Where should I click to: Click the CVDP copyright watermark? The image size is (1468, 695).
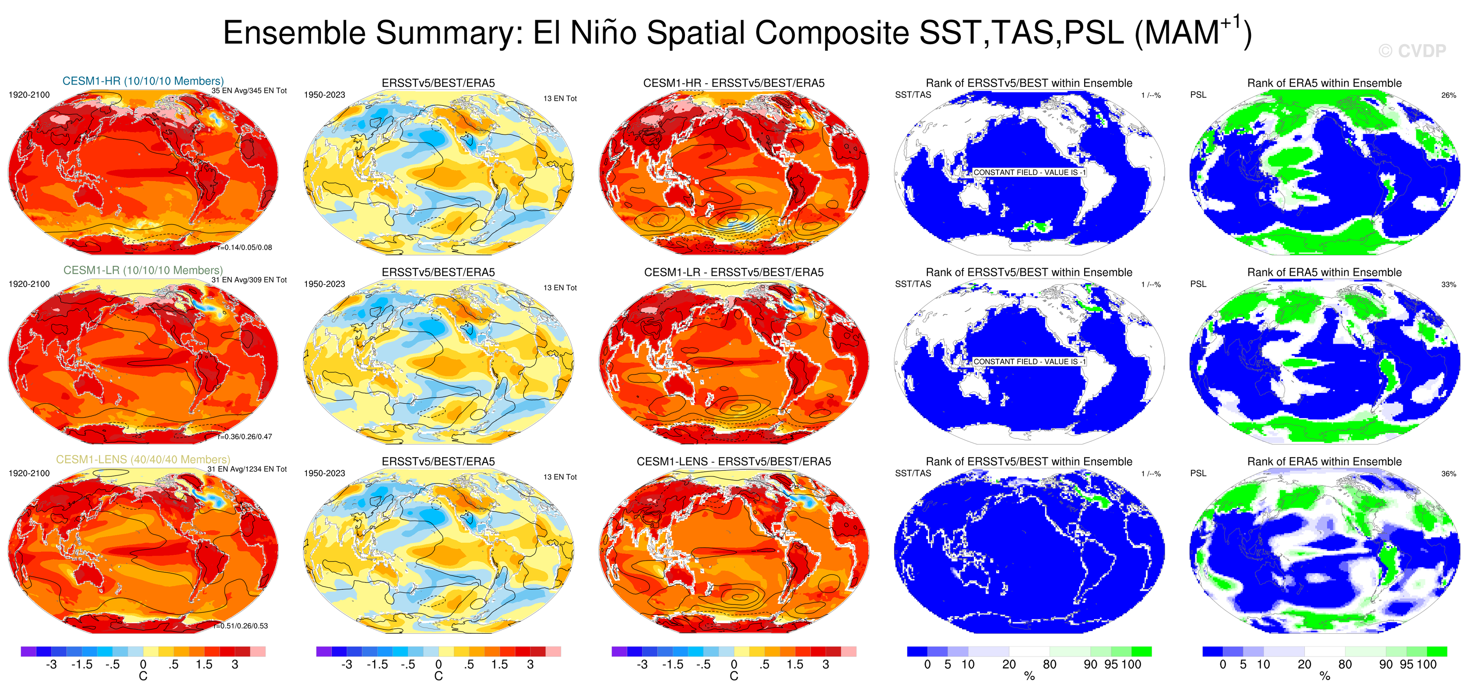pyautogui.click(x=1412, y=51)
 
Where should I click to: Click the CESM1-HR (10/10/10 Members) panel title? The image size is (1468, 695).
pyautogui.click(x=143, y=81)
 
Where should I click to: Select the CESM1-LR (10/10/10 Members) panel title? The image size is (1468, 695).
pyautogui.click(x=143, y=270)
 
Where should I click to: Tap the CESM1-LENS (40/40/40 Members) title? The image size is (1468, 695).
pyautogui.click(x=143, y=459)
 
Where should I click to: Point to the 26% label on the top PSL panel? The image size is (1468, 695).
pyautogui.click(x=1448, y=95)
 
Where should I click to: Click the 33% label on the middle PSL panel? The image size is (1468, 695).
pyautogui.click(x=1448, y=285)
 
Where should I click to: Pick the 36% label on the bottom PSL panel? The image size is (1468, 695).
pyautogui.click(x=1448, y=474)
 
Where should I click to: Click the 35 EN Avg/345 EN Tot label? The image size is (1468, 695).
pyautogui.click(x=249, y=91)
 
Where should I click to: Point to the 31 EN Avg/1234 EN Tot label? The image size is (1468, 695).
pyautogui.click(x=247, y=469)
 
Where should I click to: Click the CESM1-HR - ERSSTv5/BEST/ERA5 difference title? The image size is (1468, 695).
pyautogui.click(x=734, y=83)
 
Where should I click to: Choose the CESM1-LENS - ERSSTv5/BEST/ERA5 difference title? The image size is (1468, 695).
pyautogui.click(x=734, y=462)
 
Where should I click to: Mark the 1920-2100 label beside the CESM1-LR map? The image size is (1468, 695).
pyautogui.click(x=29, y=284)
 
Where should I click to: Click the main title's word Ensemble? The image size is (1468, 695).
pyautogui.click(x=302, y=33)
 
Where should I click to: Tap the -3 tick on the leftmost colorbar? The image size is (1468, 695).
pyautogui.click(x=51, y=664)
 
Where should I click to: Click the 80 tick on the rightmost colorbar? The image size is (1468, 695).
pyautogui.click(x=1345, y=664)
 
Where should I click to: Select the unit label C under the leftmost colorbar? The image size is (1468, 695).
pyautogui.click(x=143, y=676)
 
